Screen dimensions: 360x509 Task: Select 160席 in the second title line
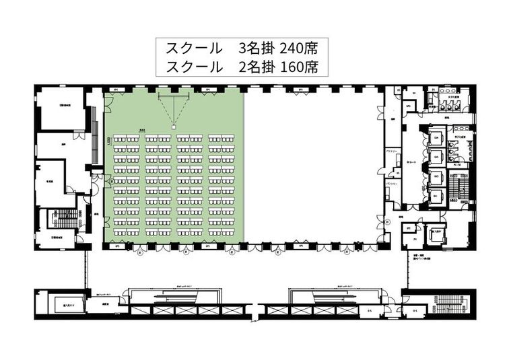coord(297,67)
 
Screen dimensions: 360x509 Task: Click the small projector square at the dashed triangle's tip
coord(173,126)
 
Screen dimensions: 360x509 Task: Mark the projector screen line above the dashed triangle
coord(173,95)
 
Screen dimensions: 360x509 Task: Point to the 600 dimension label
coord(142,131)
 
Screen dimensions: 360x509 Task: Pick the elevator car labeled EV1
coord(436,195)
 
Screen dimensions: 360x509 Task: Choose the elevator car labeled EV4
coord(436,138)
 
